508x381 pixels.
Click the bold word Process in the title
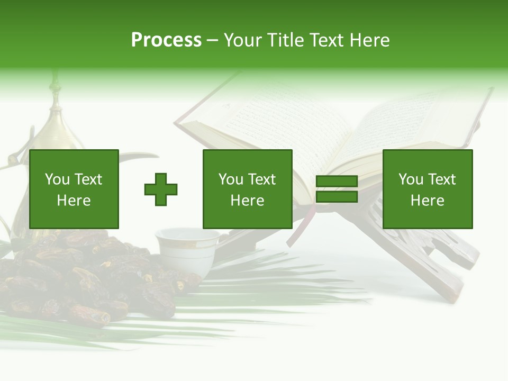click(x=166, y=40)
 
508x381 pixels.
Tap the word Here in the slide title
click(x=369, y=40)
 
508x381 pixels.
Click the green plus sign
click(x=161, y=189)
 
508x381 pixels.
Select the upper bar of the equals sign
click(x=337, y=181)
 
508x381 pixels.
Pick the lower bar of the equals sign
click(x=337, y=197)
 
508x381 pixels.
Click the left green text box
click(x=74, y=189)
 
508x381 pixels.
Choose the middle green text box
click(x=247, y=189)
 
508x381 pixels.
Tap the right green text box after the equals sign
click(x=427, y=189)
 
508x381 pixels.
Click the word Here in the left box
click(x=74, y=201)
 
